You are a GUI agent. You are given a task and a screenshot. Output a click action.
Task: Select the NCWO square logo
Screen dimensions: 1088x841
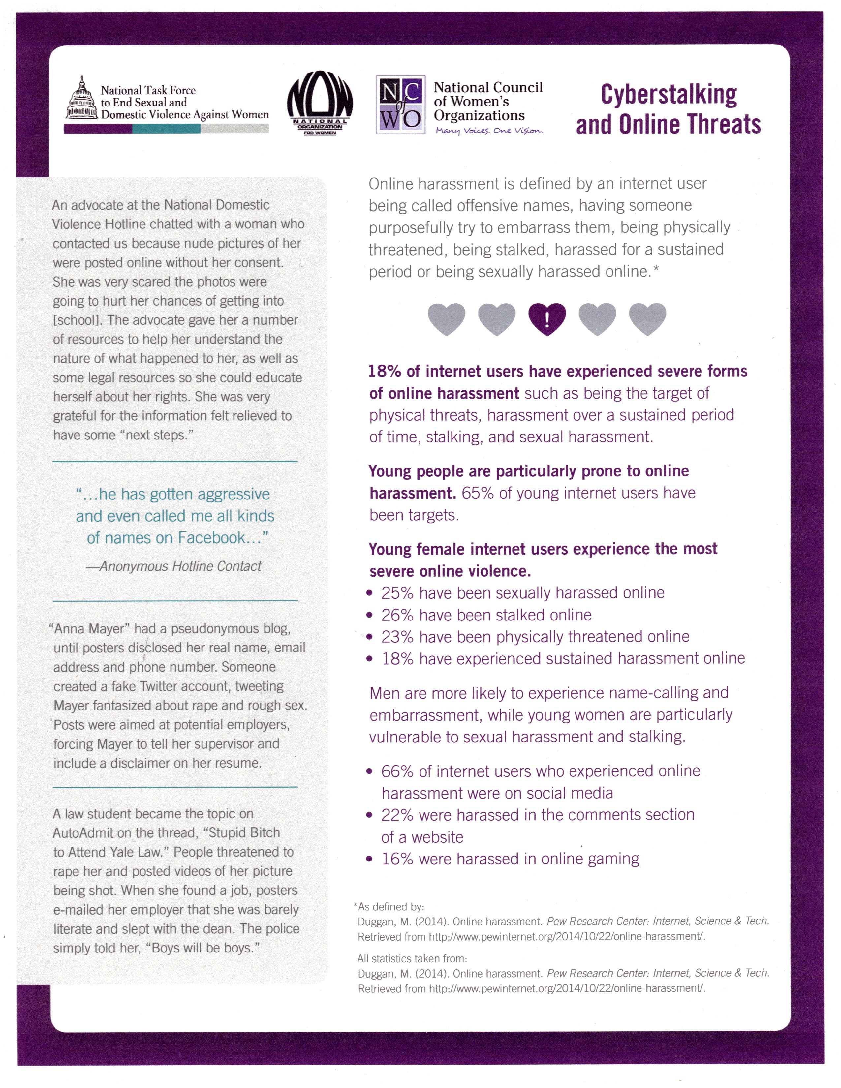tap(401, 104)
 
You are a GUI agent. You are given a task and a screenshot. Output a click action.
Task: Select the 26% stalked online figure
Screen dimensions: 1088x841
tap(397, 615)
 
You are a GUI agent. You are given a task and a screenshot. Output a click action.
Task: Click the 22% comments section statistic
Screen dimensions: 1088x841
tap(397, 815)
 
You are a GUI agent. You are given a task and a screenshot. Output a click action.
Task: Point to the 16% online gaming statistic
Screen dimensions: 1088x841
tap(397, 859)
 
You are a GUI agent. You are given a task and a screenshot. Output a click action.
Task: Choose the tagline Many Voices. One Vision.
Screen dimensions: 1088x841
tap(489, 131)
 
